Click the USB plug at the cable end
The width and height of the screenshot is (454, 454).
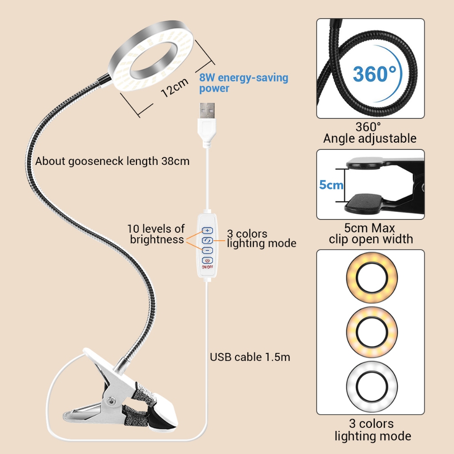tap(207, 115)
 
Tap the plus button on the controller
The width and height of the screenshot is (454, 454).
tap(207, 231)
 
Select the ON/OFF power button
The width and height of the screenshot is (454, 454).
tap(207, 261)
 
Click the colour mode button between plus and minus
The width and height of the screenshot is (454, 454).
tap(207, 240)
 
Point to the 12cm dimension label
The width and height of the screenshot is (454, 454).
tap(174, 88)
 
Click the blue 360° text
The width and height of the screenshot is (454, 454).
tap(374, 74)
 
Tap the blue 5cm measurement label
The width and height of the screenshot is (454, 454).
tap(331, 184)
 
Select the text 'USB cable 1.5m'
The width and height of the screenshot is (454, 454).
tap(250, 356)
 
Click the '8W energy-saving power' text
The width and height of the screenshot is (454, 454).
tap(243, 83)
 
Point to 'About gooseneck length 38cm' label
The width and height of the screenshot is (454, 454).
tap(112, 161)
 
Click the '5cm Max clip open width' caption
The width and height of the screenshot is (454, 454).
tap(370, 234)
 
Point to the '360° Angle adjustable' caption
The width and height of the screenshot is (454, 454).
tap(370, 133)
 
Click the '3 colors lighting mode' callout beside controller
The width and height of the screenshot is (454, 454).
tap(261, 239)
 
